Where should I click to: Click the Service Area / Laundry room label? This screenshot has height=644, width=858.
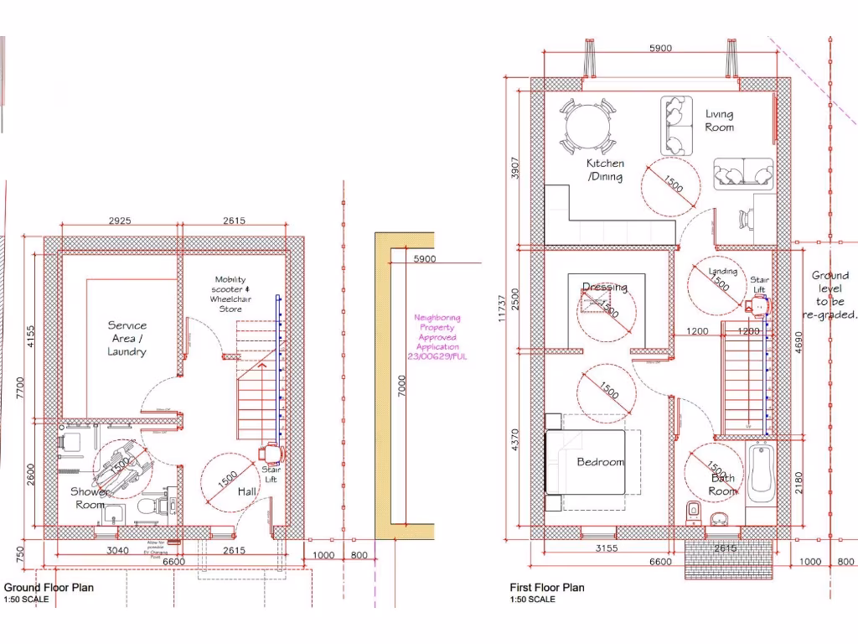click(x=127, y=338)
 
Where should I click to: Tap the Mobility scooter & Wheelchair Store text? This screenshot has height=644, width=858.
click(x=230, y=294)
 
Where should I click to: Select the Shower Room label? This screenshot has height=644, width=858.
click(x=89, y=498)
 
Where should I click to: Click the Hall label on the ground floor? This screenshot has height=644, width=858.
click(x=247, y=491)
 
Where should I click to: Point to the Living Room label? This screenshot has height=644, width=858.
click(x=719, y=121)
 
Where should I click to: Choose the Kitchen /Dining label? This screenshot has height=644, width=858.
click(x=604, y=170)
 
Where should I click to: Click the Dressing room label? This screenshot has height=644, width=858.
click(x=604, y=288)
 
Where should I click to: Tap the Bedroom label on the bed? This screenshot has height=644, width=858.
click(x=601, y=462)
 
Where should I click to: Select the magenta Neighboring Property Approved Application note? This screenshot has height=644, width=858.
click(x=437, y=337)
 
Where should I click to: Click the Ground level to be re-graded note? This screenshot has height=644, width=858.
click(x=830, y=295)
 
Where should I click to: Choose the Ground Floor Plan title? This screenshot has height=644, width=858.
click(x=49, y=588)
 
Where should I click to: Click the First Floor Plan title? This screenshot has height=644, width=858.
click(x=547, y=588)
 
